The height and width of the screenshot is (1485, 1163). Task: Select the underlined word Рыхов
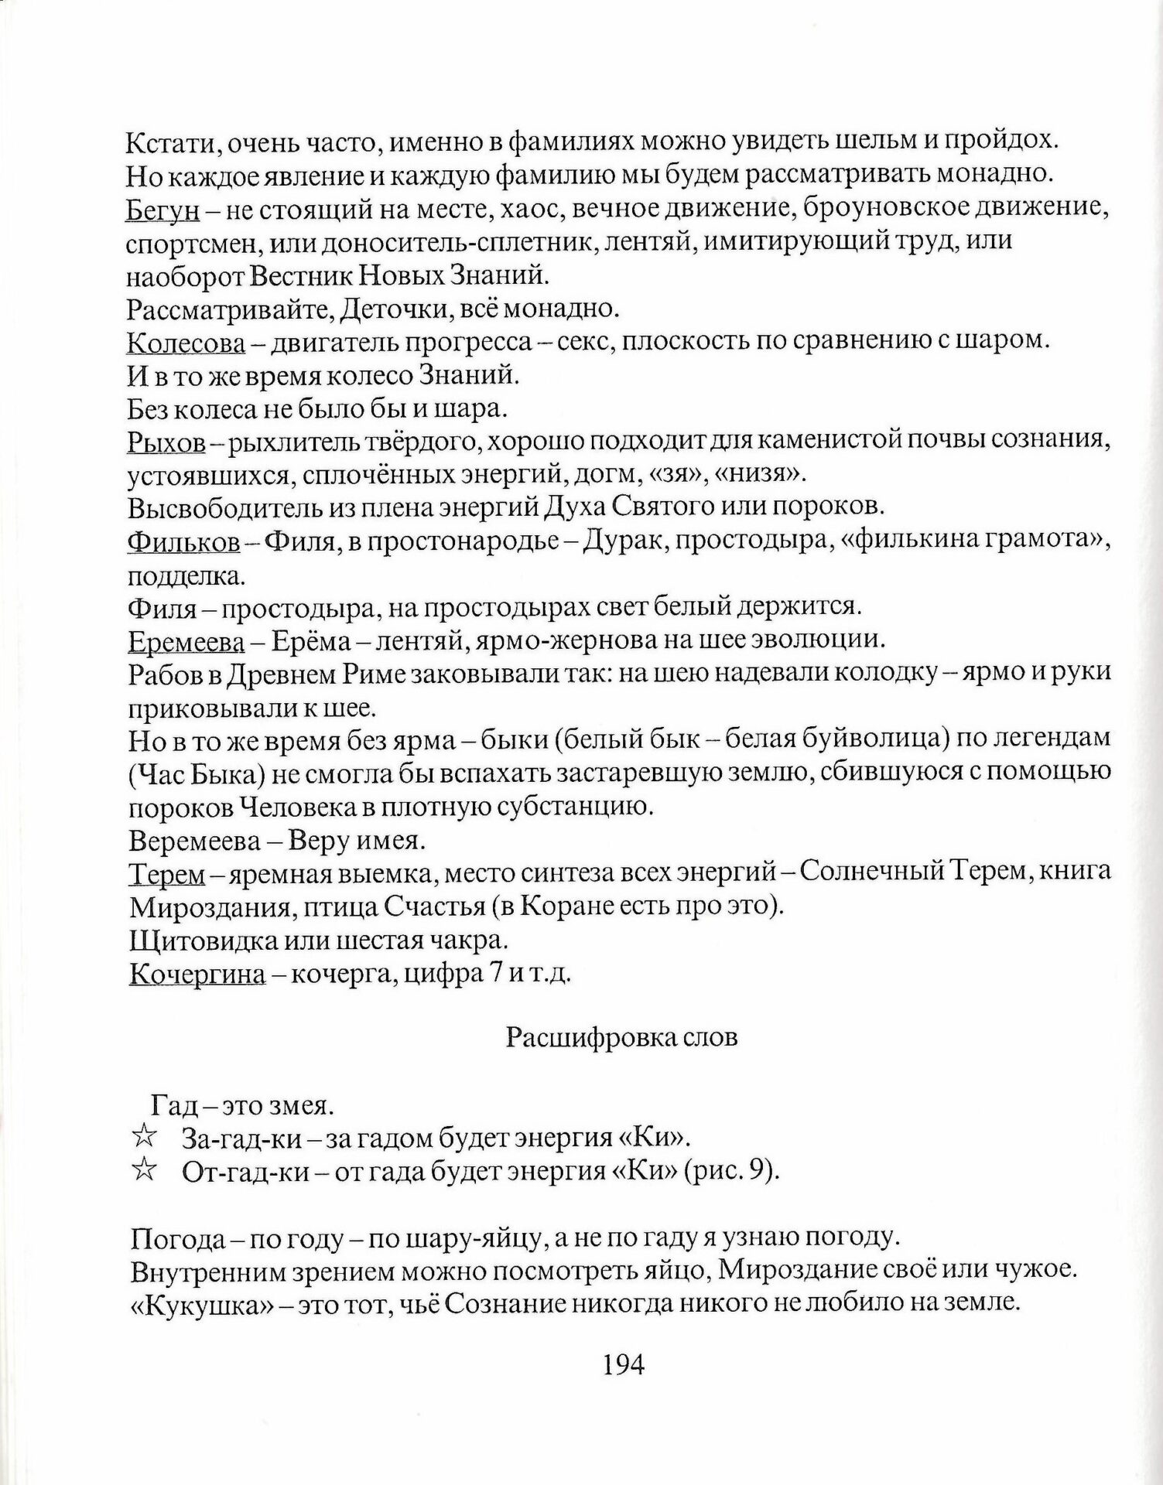[166, 442]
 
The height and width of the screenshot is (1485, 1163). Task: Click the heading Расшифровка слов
[621, 1038]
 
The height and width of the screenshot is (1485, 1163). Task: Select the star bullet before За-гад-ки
[143, 1138]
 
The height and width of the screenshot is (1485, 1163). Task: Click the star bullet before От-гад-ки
[143, 1171]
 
